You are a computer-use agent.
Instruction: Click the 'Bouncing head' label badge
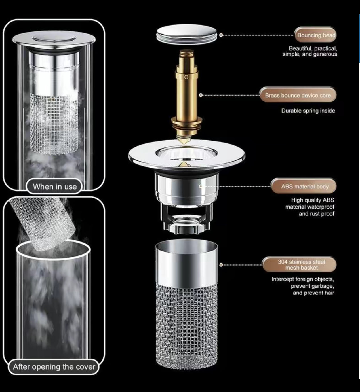(x=316, y=35)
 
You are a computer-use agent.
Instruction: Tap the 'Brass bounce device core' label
(x=298, y=95)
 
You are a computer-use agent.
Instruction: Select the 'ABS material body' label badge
(x=304, y=187)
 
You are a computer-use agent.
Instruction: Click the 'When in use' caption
(x=54, y=187)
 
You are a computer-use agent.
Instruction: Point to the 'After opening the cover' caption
(x=54, y=367)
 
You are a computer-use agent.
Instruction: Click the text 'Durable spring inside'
(x=308, y=111)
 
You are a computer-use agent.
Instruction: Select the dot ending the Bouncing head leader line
(x=221, y=35)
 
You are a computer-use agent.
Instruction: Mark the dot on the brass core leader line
(x=201, y=95)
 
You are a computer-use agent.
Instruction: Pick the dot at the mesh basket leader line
(x=221, y=265)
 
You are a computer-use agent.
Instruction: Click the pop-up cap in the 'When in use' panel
(x=54, y=39)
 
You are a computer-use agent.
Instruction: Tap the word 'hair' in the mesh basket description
(x=329, y=293)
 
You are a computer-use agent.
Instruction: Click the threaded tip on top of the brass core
(x=186, y=53)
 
